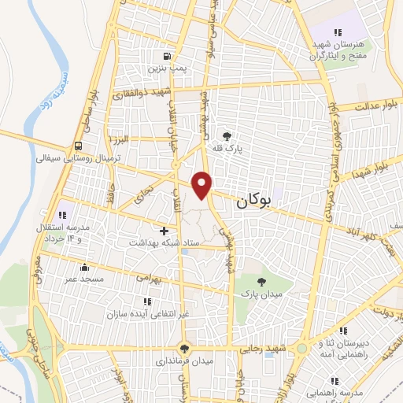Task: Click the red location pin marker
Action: click(203, 184)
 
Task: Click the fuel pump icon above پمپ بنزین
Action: click(166, 56)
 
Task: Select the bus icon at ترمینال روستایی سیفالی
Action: click(78, 146)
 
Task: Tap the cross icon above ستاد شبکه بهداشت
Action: click(164, 231)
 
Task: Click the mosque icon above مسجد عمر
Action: click(84, 267)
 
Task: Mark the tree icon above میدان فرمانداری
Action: click(184, 349)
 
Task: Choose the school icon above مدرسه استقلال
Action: click(62, 214)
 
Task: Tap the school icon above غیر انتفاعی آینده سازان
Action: click(146, 301)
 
